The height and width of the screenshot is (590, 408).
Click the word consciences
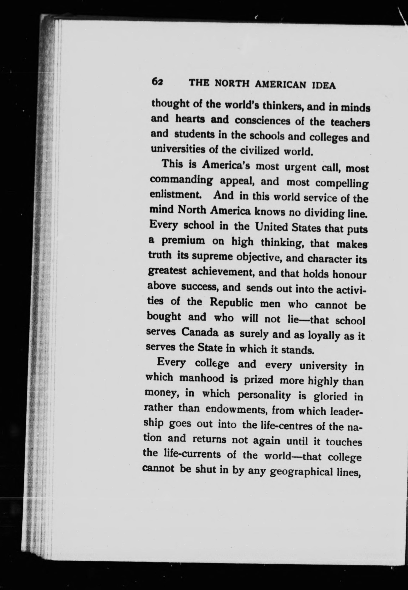pyautogui.click(x=262, y=121)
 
